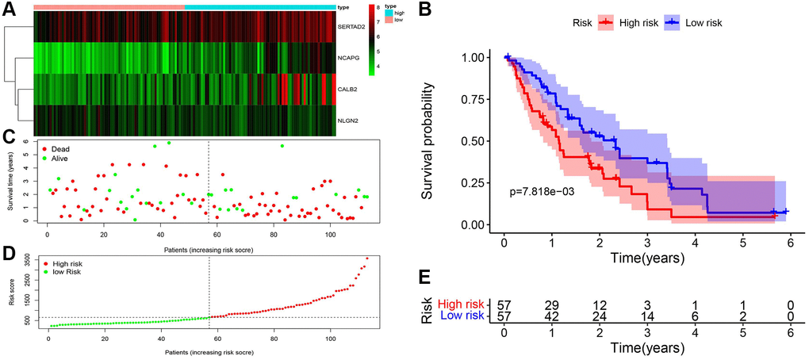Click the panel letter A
click(9, 9)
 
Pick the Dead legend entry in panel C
click(59, 148)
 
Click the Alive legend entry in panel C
click(59, 159)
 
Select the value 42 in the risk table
click(552, 316)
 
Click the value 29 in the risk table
click(552, 305)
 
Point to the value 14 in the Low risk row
click(647, 316)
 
